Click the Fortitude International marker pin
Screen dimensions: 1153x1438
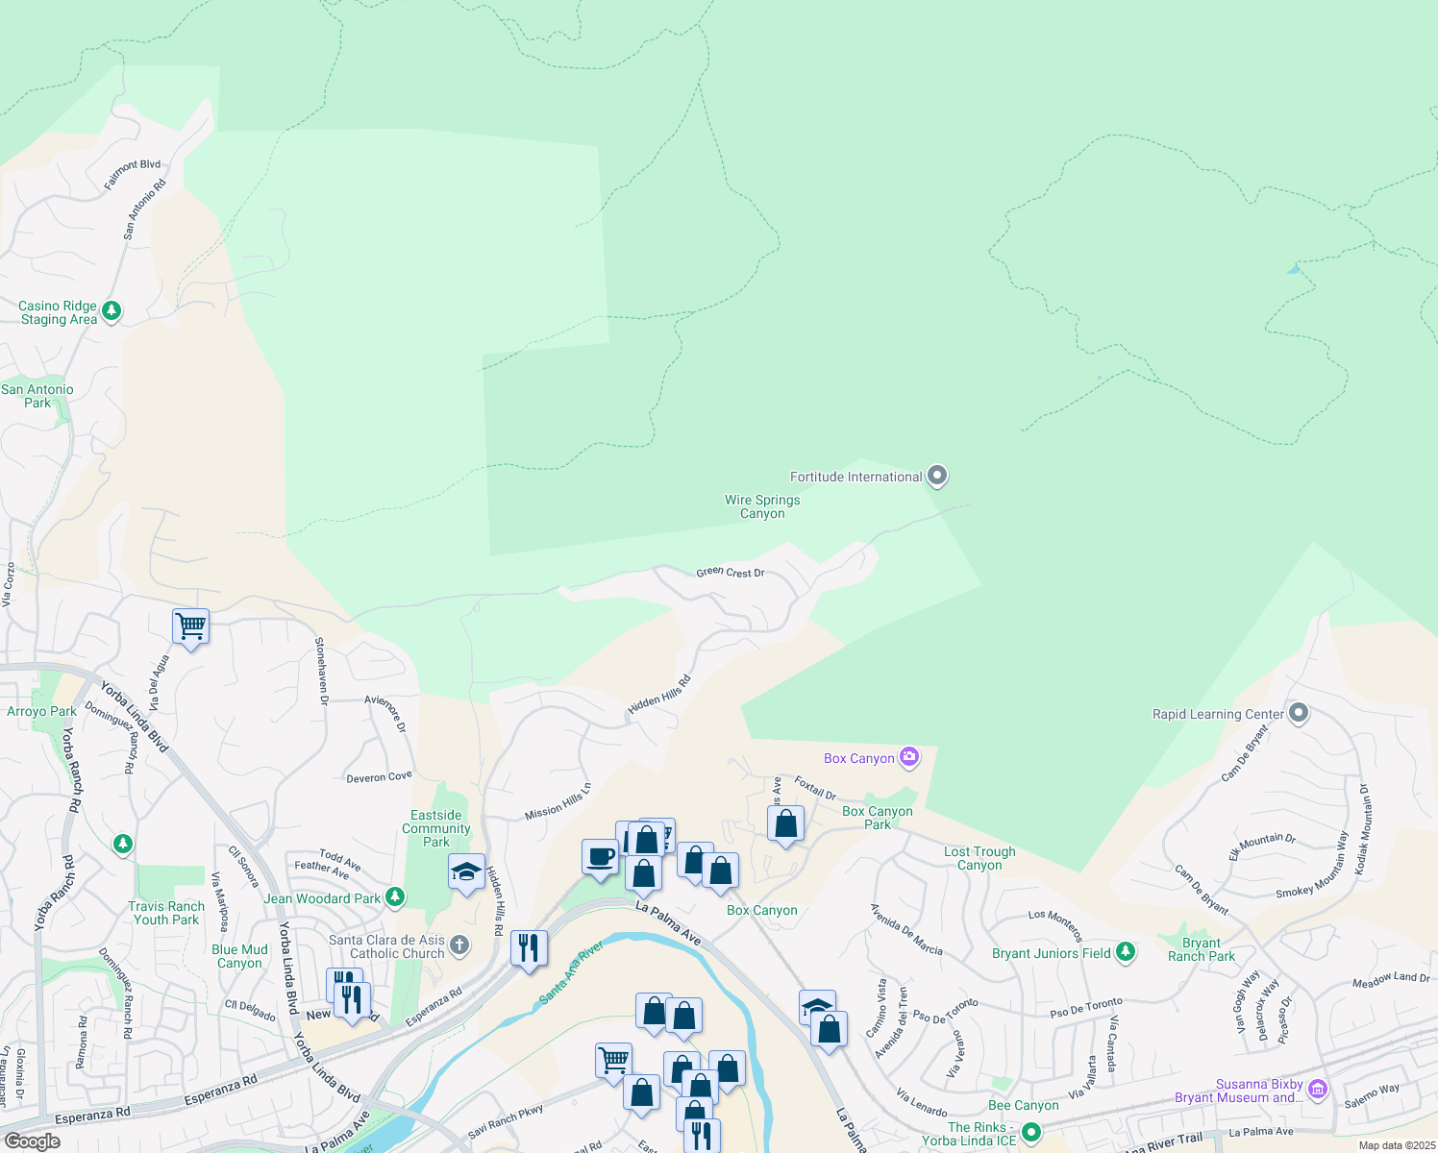937,476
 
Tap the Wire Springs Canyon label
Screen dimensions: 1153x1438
762,506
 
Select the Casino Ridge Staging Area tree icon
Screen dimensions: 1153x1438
112,310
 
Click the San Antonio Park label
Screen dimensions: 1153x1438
37,396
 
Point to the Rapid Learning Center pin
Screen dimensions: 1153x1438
1299,713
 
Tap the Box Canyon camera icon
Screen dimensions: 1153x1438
909,757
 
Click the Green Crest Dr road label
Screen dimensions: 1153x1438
731,572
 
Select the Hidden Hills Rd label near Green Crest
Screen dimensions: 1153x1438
658,694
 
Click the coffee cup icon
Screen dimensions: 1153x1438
600,856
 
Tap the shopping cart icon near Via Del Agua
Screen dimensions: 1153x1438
190,626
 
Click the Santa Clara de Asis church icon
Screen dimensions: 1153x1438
459,945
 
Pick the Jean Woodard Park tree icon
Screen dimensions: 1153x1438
394,897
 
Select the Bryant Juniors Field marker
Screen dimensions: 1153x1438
1125,952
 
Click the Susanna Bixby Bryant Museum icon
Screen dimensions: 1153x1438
1318,1089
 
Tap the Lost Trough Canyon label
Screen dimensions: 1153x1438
979,858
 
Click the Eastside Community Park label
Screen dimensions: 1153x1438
436,828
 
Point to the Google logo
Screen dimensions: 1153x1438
32,1141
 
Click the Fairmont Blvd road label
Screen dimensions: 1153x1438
132,175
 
